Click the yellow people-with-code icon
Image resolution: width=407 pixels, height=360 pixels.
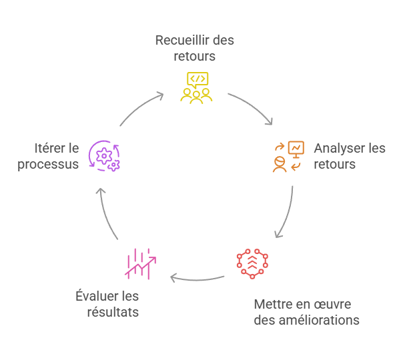[x=196, y=87]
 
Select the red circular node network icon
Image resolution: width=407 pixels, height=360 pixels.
[x=253, y=263]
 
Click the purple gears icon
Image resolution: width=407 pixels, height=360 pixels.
[x=105, y=156]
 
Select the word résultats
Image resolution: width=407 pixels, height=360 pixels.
[x=113, y=311]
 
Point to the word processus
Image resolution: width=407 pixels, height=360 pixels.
[x=48, y=164]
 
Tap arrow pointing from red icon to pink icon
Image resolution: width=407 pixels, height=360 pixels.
[x=197, y=277]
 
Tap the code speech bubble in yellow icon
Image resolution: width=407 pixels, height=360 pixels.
[x=197, y=79]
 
